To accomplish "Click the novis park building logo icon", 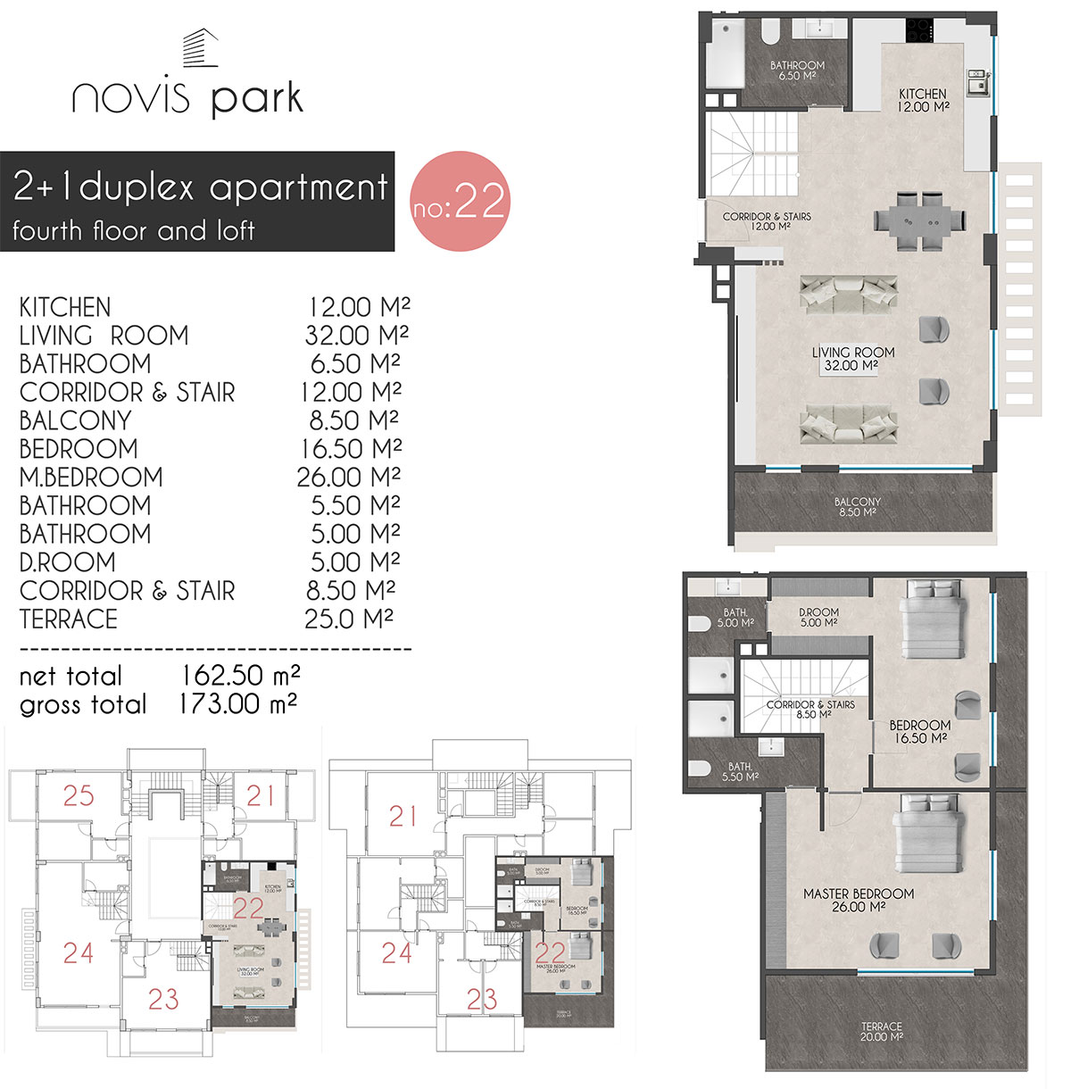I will click(x=200, y=48).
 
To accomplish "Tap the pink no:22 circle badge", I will click(x=459, y=201).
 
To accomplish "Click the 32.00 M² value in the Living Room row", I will click(x=356, y=336).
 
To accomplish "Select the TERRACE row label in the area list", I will click(x=69, y=619).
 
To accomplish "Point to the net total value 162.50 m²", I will click(x=240, y=675).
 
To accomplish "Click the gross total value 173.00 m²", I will click(x=237, y=704).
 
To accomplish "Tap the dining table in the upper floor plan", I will click(x=919, y=220).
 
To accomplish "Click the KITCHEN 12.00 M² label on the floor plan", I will click(x=923, y=100).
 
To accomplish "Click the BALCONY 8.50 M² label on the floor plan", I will click(x=858, y=507).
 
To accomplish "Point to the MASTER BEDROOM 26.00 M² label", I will click(x=858, y=900).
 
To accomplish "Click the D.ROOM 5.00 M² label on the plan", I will click(x=818, y=617).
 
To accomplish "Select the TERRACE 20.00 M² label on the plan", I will click(x=882, y=1032).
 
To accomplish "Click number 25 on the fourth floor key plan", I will click(x=79, y=795).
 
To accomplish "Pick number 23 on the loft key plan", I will click(x=482, y=999).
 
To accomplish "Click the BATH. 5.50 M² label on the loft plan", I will click(x=740, y=771).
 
